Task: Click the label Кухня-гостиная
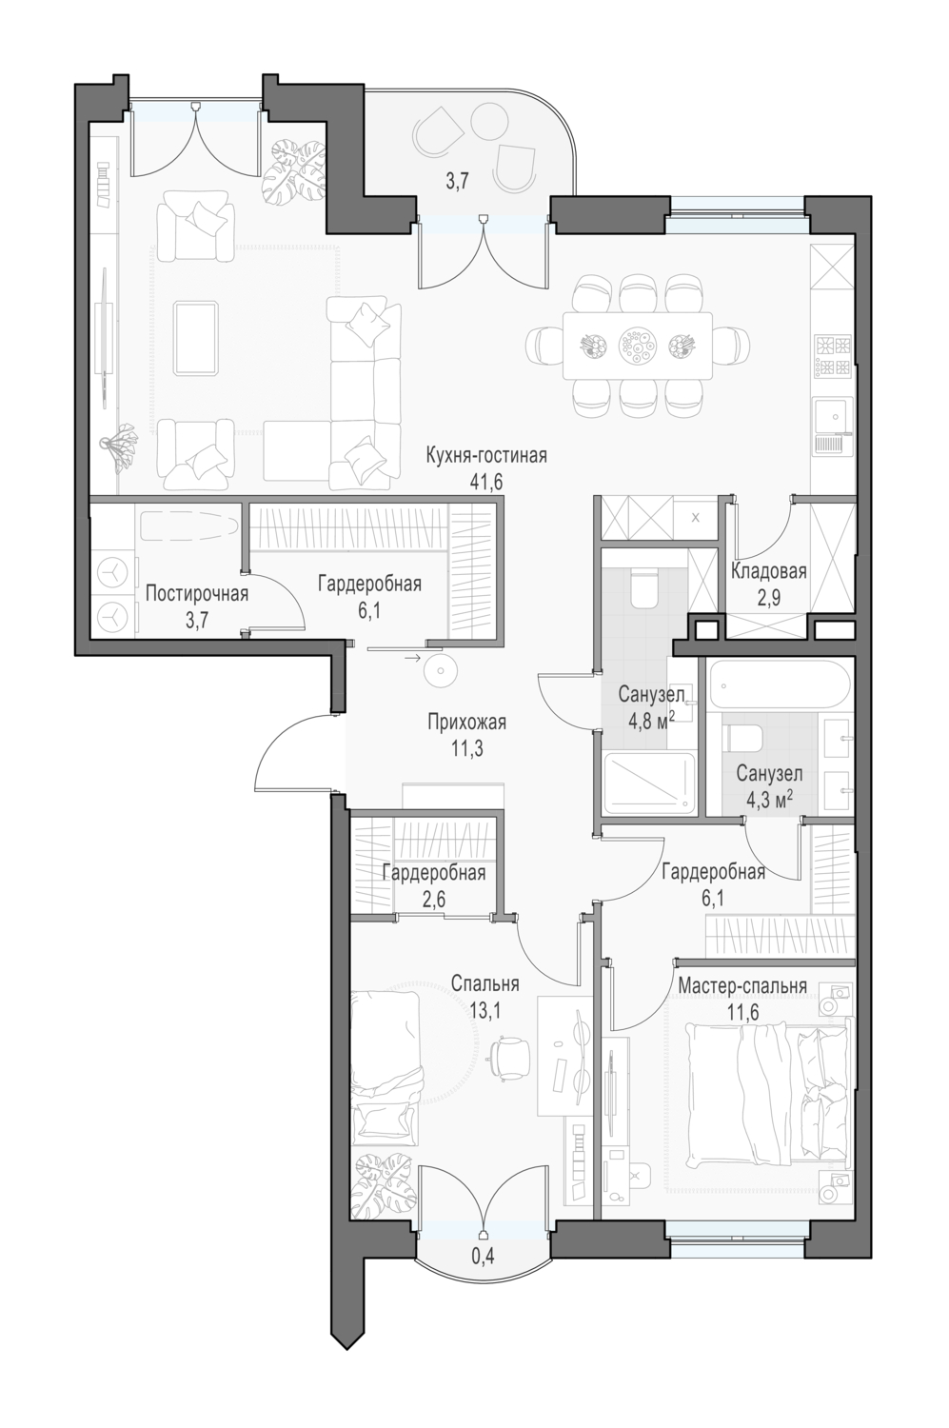(x=486, y=457)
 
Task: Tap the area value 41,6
(x=486, y=482)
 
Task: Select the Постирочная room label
(x=197, y=594)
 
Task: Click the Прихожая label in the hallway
(x=467, y=723)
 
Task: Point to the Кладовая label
(x=769, y=571)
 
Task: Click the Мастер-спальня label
(x=742, y=985)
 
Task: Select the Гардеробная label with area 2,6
(x=434, y=873)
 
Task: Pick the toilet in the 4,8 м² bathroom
(x=643, y=589)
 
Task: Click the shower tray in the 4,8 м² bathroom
(x=649, y=783)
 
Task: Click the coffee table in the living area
(x=197, y=337)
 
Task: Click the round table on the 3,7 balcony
(x=489, y=118)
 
